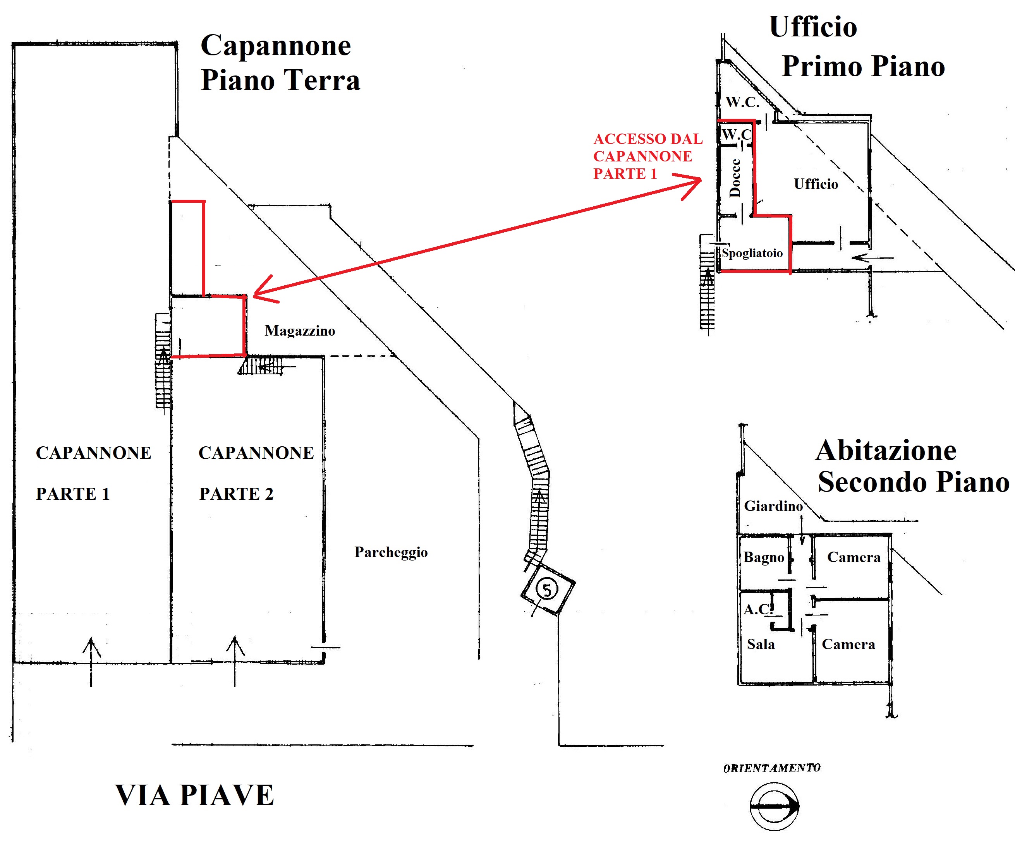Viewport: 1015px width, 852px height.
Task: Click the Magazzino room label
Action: point(300,331)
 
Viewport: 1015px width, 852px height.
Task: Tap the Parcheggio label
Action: point(391,552)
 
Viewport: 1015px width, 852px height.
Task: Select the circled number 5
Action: point(547,590)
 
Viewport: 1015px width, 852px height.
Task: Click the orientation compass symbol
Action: point(774,806)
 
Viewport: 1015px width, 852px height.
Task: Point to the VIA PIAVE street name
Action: point(194,795)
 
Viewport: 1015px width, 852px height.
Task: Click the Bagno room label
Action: point(764,557)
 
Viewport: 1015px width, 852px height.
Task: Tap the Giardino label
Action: point(773,506)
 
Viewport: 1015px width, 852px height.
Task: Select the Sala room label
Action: point(761,644)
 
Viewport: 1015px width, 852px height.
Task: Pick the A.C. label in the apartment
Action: point(758,609)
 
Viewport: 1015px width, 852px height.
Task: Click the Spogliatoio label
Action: point(752,253)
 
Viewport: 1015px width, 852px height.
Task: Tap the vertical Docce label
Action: point(735,178)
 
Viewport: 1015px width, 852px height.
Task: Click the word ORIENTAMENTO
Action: point(772,768)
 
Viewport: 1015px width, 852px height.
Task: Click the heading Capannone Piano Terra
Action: point(280,62)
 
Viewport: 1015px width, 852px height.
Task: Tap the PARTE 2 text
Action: point(236,494)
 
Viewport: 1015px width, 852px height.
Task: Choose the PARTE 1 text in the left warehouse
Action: point(73,494)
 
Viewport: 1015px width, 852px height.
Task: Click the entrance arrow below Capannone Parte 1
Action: point(91,662)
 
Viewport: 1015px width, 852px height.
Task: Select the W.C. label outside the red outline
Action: point(742,102)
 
